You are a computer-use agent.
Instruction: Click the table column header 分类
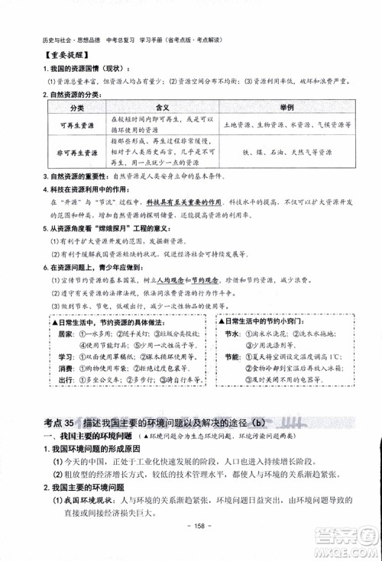tap(76, 108)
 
